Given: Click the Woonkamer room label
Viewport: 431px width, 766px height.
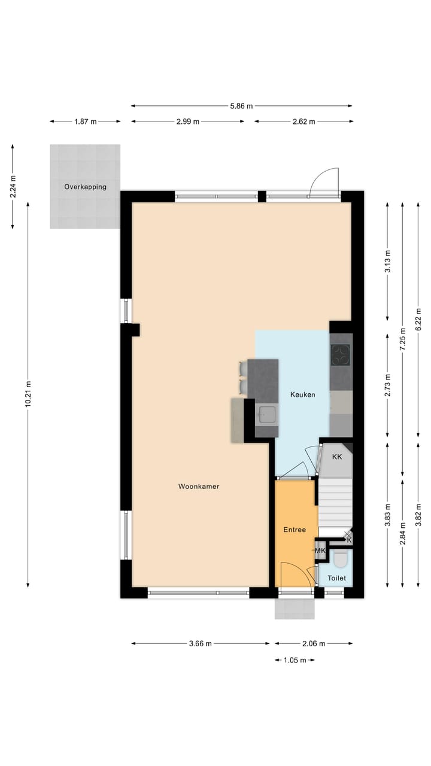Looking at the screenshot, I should pyautogui.click(x=199, y=487).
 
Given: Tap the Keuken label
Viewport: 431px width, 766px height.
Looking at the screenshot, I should pyautogui.click(x=302, y=395).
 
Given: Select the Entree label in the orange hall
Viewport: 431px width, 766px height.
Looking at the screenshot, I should pyautogui.click(x=295, y=530).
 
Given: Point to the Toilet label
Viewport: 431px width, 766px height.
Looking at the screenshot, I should pyautogui.click(x=336, y=579).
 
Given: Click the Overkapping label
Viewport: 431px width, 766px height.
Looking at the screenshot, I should pyautogui.click(x=85, y=187).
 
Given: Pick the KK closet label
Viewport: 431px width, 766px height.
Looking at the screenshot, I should pyautogui.click(x=337, y=457).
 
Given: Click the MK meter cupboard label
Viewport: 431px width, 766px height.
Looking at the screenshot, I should pyautogui.click(x=320, y=551).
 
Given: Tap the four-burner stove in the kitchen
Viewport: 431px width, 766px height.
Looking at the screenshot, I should pyautogui.click(x=341, y=355).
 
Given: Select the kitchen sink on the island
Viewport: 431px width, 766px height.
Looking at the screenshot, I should pyautogui.click(x=266, y=414).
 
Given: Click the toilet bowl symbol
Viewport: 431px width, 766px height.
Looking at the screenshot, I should pyautogui.click(x=341, y=560).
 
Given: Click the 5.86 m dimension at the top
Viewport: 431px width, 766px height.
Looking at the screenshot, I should pyautogui.click(x=241, y=106).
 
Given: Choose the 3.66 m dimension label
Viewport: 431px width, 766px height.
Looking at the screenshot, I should pyautogui.click(x=200, y=644).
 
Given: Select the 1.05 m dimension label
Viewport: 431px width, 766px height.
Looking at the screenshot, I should pyautogui.click(x=295, y=660).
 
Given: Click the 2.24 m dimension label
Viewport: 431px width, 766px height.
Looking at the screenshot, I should pyautogui.click(x=13, y=186).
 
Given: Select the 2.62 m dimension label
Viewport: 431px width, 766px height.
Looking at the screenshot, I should pyautogui.click(x=303, y=121).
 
